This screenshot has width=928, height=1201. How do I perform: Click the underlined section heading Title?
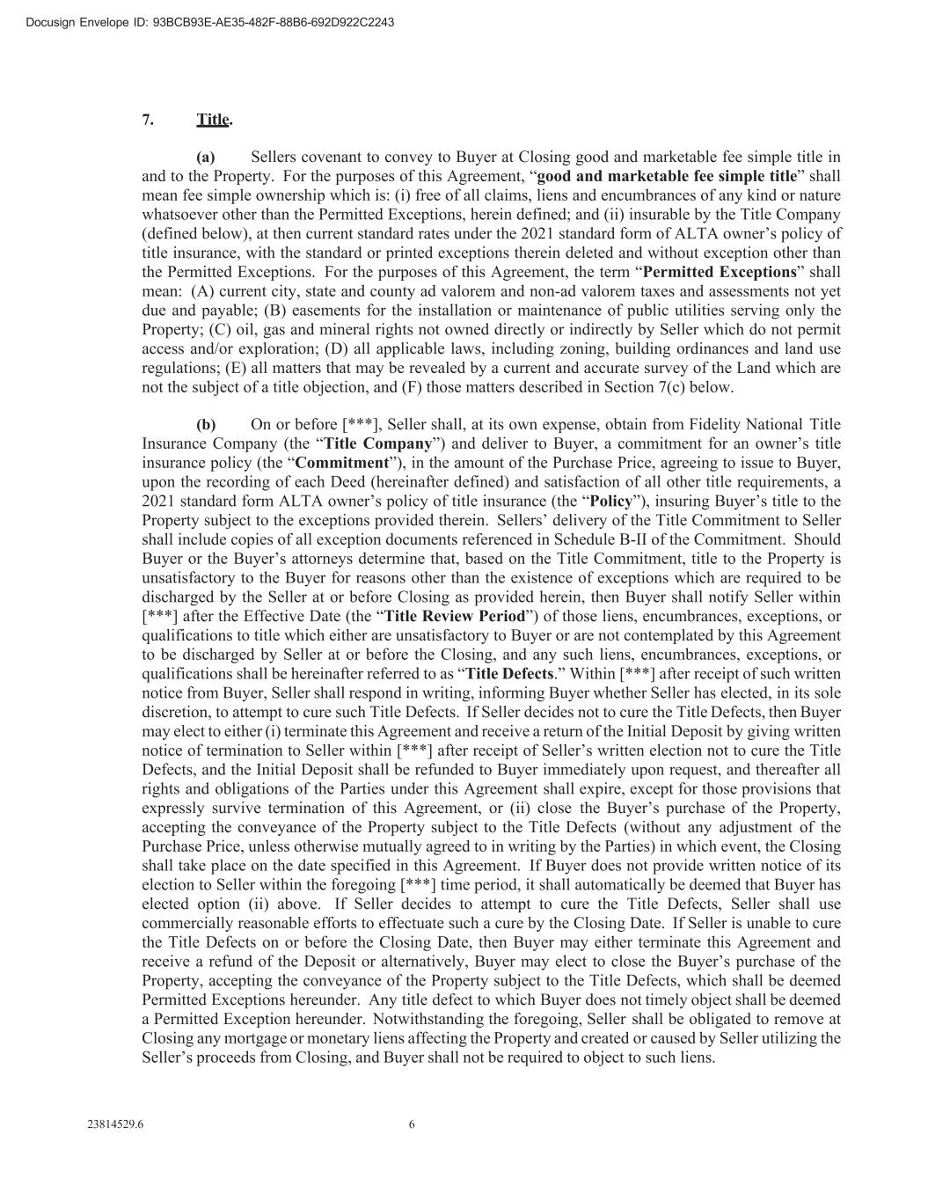tap(213, 120)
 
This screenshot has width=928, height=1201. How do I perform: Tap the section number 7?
tap(148, 120)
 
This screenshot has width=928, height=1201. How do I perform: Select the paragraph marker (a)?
tap(206, 157)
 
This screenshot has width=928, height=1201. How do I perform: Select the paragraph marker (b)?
tap(206, 425)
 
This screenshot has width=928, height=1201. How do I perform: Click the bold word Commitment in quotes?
tap(342, 463)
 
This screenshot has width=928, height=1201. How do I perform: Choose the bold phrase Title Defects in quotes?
tap(510, 674)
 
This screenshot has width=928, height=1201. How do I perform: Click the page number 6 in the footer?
tap(412, 1124)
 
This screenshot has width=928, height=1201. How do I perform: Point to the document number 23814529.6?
tap(116, 1124)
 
